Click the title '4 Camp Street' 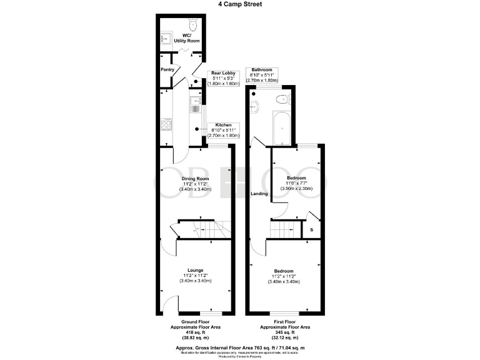(239, 4)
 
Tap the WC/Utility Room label (186, 37)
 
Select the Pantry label (167, 69)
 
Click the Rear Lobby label (222, 73)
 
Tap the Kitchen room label (224, 125)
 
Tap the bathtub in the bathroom (281, 128)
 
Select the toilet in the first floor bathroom (282, 98)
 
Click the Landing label (259, 194)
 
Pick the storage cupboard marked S (312, 230)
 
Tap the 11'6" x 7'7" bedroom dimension (296, 183)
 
